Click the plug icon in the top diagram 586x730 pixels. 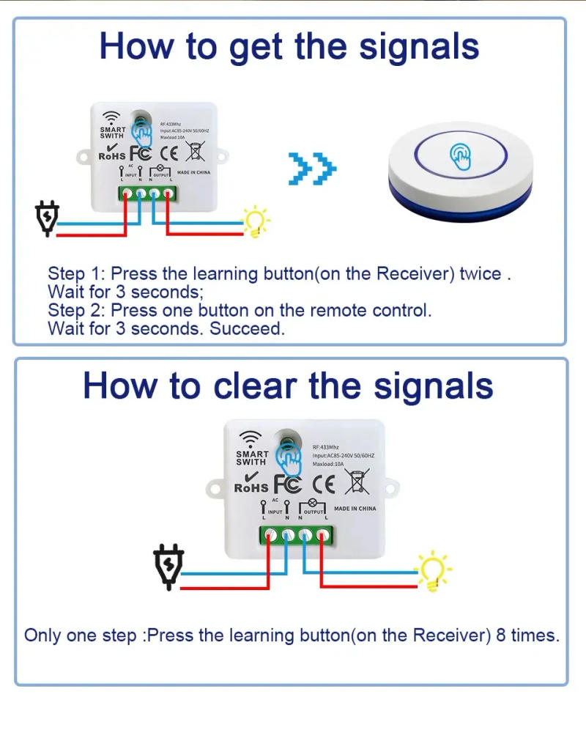[48, 219]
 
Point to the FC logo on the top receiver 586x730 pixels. [141, 154]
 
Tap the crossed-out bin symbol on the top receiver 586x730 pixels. [196, 152]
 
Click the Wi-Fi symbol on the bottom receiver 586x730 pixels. [251, 438]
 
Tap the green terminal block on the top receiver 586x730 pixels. [148, 194]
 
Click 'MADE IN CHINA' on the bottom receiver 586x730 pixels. [355, 509]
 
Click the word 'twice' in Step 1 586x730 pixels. [480, 274]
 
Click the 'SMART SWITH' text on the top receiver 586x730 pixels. [112, 133]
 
